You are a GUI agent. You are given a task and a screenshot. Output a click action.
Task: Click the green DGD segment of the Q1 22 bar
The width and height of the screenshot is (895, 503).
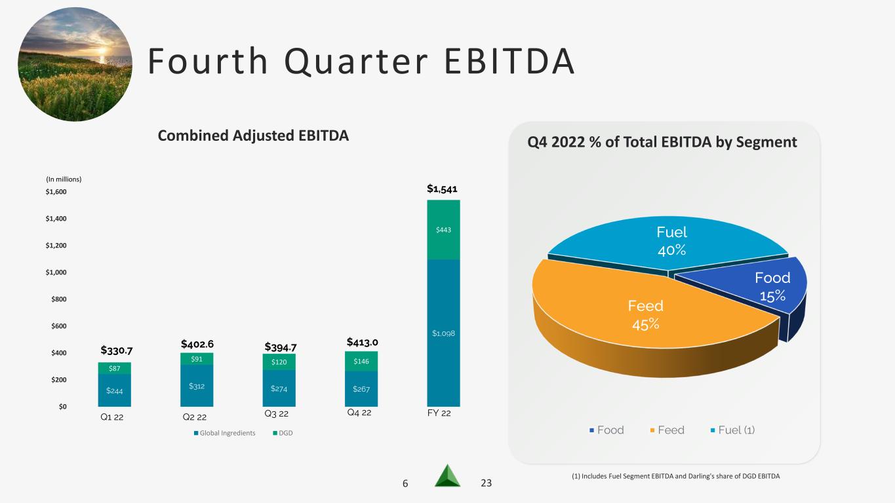click(114, 368)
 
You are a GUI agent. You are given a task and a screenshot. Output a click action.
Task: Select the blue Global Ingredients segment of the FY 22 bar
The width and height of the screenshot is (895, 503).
click(443, 333)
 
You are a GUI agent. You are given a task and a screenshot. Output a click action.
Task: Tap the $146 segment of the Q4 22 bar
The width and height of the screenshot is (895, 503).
click(361, 362)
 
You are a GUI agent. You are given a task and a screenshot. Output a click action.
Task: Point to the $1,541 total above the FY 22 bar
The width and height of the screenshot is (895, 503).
click(442, 189)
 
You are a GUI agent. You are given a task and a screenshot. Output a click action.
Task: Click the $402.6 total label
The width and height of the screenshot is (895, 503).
click(197, 344)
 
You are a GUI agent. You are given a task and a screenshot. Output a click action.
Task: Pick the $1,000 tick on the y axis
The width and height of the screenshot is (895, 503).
click(56, 272)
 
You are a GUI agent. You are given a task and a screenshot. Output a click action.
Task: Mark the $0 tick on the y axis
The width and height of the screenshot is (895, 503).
click(63, 406)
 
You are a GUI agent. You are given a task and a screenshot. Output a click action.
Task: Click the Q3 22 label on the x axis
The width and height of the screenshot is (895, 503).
click(277, 413)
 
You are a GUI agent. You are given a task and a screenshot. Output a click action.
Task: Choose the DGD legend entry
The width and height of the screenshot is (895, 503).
click(283, 433)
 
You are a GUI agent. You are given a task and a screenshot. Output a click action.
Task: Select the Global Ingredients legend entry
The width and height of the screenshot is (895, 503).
click(224, 433)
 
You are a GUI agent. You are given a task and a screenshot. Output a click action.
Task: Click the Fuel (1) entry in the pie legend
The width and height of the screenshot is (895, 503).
click(733, 430)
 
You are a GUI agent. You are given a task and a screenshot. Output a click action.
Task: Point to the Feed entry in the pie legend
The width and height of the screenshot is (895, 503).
click(667, 430)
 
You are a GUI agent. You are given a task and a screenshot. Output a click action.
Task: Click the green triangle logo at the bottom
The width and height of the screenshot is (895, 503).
click(447, 475)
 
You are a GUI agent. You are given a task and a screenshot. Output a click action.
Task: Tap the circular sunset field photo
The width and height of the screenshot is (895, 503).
click(75, 64)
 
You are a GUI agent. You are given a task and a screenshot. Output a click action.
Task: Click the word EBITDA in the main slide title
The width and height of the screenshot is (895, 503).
click(509, 61)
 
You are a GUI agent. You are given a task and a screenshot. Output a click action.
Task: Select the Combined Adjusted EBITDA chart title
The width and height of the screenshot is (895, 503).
click(253, 136)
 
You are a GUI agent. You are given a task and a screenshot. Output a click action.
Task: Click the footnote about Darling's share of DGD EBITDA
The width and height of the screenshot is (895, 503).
click(675, 476)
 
